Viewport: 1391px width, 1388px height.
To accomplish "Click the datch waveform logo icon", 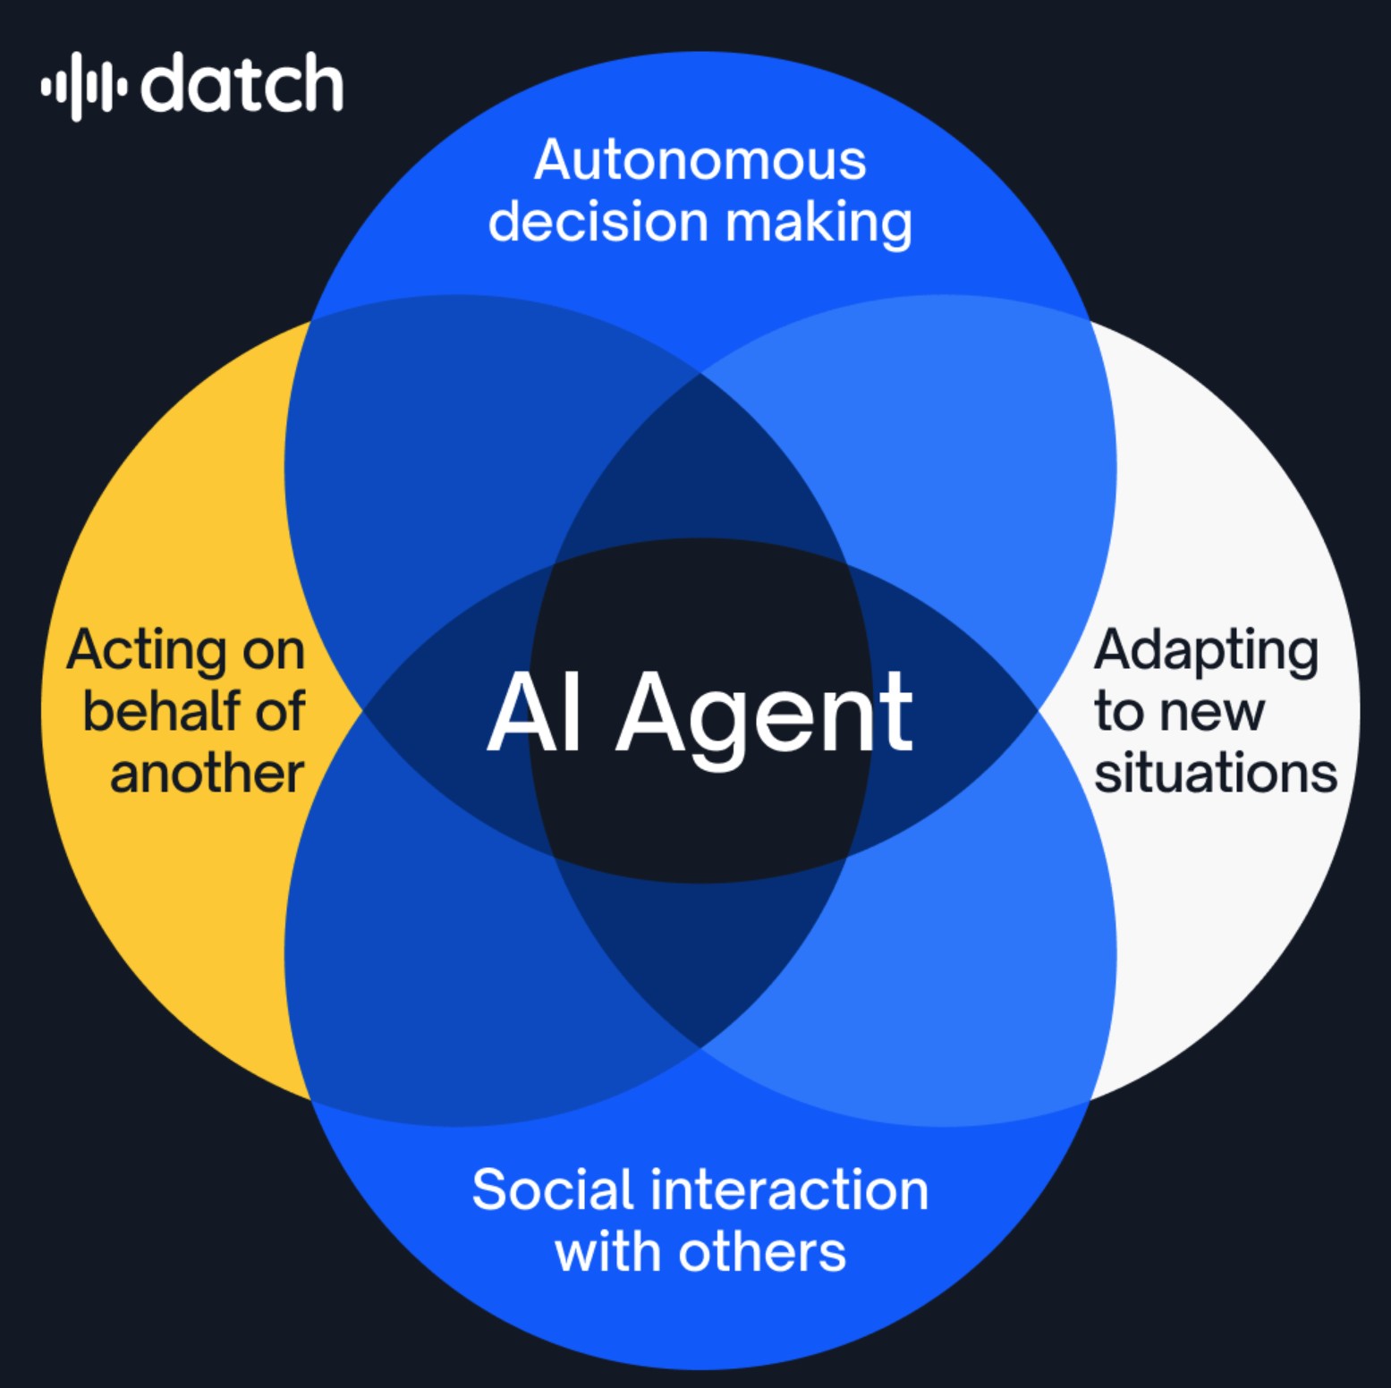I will point(83,86).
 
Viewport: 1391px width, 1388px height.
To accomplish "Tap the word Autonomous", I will point(700,161).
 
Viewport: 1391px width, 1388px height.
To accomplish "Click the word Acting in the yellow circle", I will point(148,651).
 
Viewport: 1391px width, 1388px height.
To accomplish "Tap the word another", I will point(207,773).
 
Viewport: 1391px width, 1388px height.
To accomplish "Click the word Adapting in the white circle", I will point(1206,651).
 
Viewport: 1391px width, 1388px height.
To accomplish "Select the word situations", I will point(1216,773).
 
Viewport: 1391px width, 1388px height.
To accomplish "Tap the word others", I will point(761,1252).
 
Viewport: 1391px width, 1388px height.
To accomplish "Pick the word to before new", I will point(1118,713).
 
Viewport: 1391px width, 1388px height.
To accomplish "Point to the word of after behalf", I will point(280,712).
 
